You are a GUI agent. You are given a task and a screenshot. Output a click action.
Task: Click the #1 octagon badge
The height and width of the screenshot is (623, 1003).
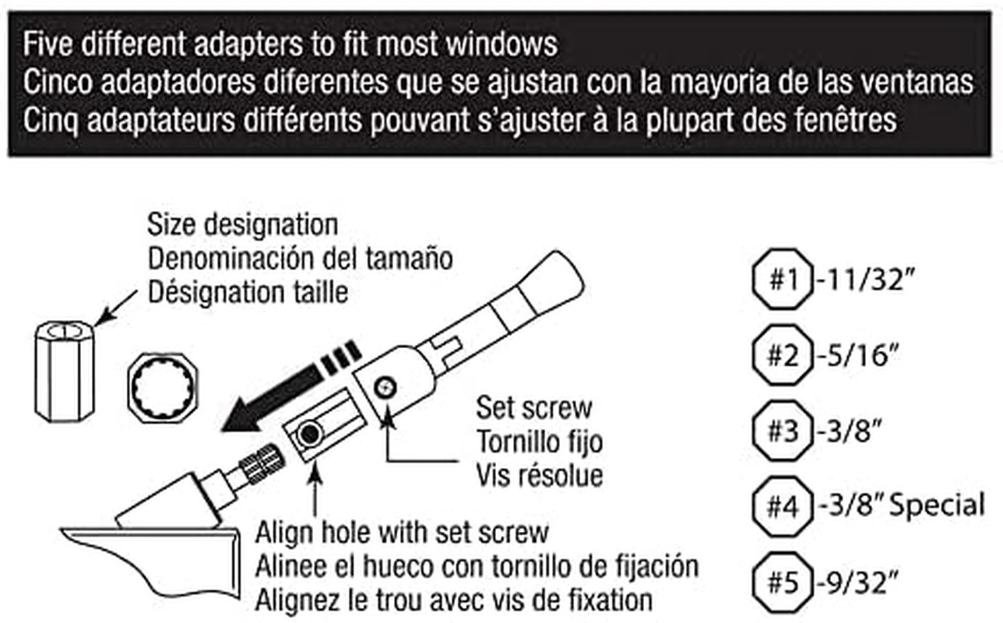click(x=783, y=279)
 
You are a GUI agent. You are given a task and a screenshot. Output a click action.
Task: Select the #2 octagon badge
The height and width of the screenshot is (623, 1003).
click(x=783, y=355)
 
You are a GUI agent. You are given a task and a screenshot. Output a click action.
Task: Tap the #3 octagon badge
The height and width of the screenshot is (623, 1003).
click(x=783, y=431)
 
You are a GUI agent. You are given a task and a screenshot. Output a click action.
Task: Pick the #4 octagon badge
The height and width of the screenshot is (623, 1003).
click(x=783, y=506)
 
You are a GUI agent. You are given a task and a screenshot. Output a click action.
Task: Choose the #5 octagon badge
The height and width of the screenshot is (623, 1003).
click(x=783, y=583)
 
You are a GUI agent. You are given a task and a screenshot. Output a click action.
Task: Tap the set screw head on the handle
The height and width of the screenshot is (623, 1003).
click(x=385, y=387)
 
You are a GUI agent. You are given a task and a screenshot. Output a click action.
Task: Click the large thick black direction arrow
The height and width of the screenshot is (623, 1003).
click(x=291, y=386)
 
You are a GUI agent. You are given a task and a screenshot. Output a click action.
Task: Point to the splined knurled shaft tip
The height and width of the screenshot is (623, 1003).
click(x=262, y=464)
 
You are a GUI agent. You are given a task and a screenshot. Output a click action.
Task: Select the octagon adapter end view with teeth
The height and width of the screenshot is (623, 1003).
click(x=163, y=388)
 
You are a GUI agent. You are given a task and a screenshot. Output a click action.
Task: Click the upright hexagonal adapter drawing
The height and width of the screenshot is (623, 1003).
click(x=65, y=371)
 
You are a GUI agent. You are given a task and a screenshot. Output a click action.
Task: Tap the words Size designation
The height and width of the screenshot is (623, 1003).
click(x=243, y=225)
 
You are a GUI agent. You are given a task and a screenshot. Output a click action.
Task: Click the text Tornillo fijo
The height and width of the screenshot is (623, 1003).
click(x=540, y=442)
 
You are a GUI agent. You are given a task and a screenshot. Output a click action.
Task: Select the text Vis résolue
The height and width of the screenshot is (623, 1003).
click(x=540, y=476)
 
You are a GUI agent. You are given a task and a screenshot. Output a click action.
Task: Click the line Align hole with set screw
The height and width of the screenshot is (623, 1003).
click(x=402, y=533)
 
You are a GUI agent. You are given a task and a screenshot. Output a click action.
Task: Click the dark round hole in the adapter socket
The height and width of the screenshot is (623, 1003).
click(x=310, y=434)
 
